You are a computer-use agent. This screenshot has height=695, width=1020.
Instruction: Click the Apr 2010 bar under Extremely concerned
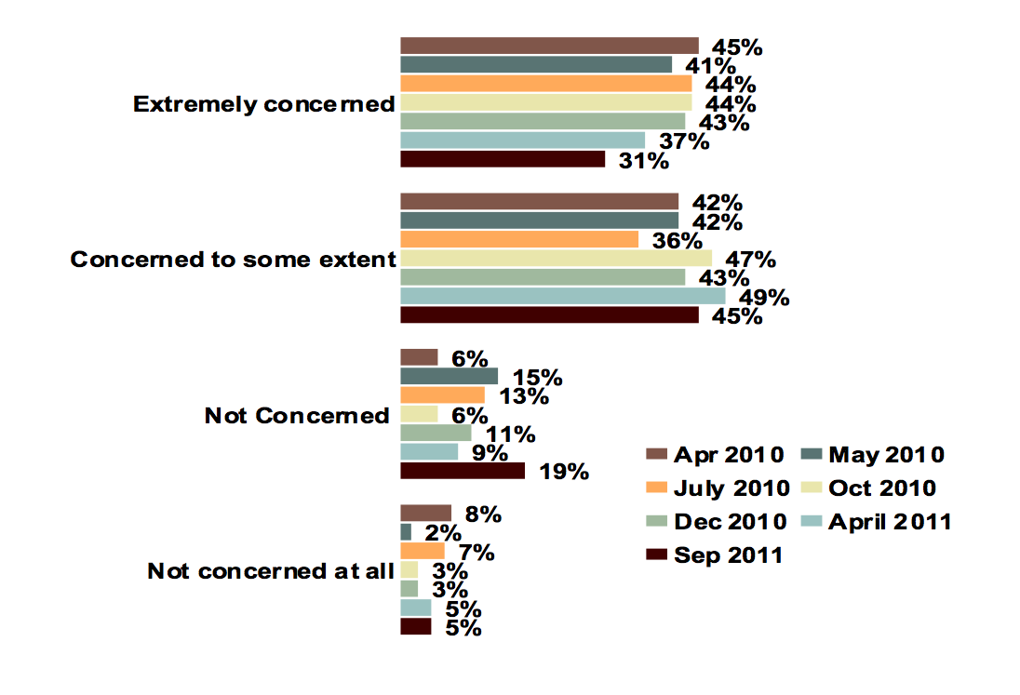pos(549,46)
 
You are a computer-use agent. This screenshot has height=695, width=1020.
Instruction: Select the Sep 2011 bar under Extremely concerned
pos(503,159)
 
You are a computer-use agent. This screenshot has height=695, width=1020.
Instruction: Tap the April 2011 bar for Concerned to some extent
pos(562,296)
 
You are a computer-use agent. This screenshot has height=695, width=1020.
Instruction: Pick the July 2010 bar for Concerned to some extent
pos(519,239)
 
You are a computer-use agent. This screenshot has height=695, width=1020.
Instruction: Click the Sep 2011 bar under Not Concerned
pos(463,471)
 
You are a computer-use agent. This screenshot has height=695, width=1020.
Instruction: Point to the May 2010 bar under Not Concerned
pos(449,376)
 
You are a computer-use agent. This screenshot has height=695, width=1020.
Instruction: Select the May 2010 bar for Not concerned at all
pos(406,531)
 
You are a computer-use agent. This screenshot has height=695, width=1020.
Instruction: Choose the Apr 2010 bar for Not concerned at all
pos(425,513)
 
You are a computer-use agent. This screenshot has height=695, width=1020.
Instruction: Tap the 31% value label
pos(644,162)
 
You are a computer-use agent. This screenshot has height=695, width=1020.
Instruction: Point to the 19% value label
pos(564,473)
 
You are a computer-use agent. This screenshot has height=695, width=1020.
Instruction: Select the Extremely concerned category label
pos(264,104)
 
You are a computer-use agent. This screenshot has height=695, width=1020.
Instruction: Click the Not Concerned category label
pos(297,416)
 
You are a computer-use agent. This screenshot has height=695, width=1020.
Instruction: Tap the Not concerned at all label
pos(271,571)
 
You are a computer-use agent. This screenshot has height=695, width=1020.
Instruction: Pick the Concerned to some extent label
pos(234,260)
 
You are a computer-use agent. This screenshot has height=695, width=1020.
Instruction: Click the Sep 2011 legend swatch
pos(657,555)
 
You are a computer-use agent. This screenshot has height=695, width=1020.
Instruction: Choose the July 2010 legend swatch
pos(657,488)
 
